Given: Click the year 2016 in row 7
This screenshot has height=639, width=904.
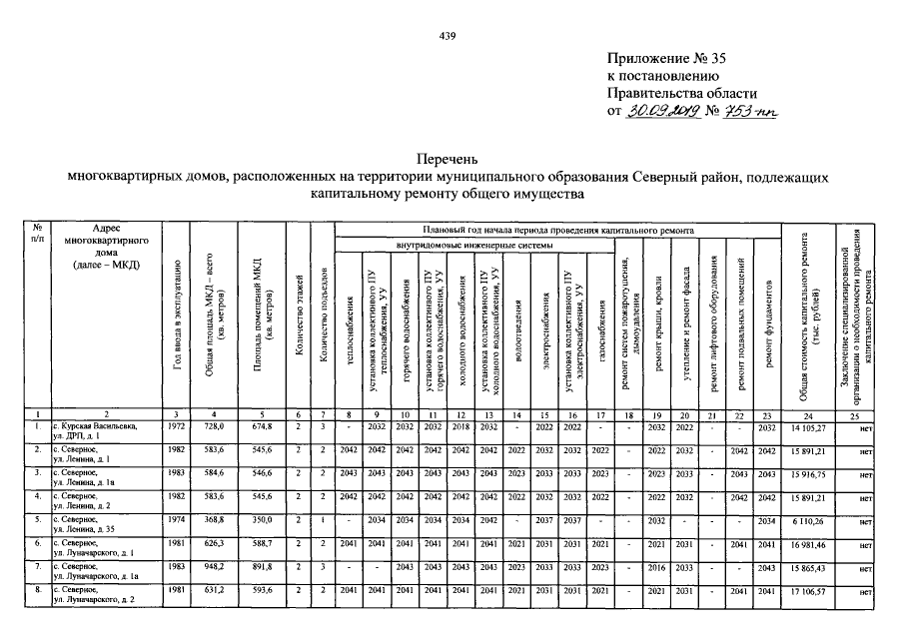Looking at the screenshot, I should click(x=655, y=569).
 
